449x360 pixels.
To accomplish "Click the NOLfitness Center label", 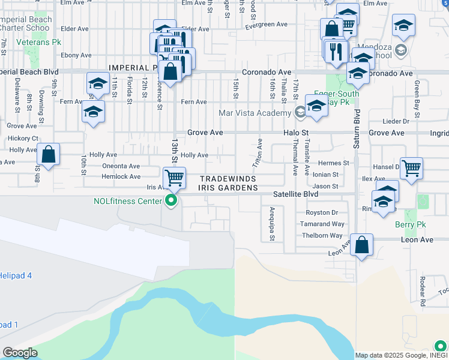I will [x=128, y=201].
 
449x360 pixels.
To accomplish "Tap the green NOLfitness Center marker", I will [x=172, y=201].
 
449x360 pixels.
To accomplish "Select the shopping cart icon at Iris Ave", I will [x=173, y=177].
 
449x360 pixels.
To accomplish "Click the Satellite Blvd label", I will [x=296, y=194].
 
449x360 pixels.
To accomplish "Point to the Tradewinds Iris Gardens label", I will [x=228, y=184].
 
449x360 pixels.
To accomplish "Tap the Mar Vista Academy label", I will [x=255, y=113].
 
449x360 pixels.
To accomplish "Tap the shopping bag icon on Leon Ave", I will [x=361, y=245].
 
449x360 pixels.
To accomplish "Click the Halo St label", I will [x=296, y=132].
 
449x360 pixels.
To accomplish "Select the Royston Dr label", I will [x=318, y=212].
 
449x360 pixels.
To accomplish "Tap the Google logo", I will [x=20, y=353].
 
